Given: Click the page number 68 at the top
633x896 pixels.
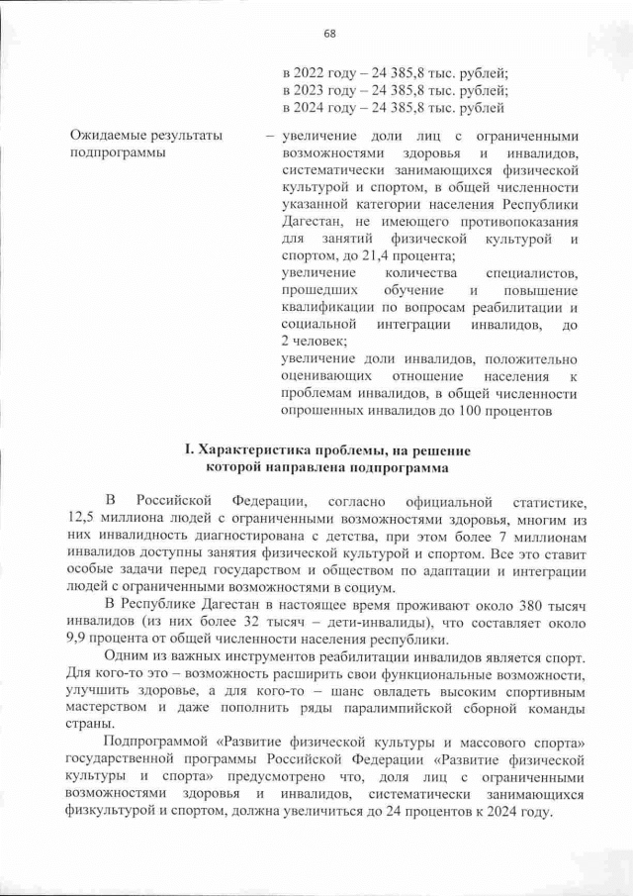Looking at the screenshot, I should click(x=329, y=34).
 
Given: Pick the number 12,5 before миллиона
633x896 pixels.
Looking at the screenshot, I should click(x=87, y=519).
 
